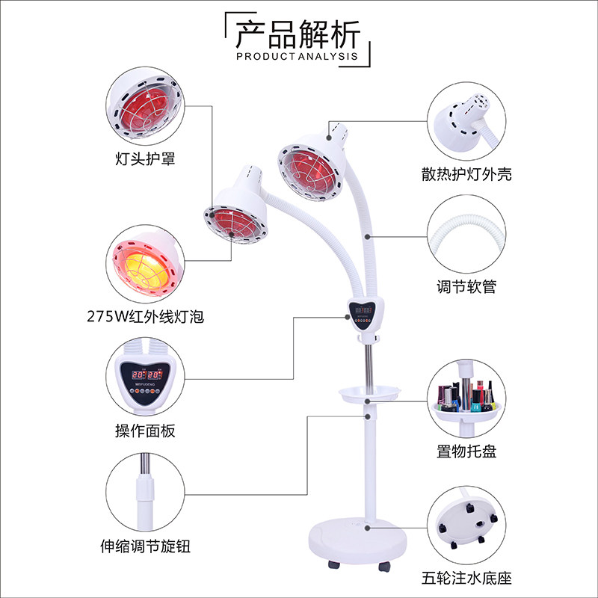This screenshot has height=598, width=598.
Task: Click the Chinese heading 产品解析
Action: point(298,34)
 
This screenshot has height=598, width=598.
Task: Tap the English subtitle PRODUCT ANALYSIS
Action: point(297,57)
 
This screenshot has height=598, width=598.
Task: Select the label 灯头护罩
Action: point(145,158)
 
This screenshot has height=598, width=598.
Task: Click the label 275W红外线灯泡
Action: point(145,316)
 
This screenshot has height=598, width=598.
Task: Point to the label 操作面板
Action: point(145,431)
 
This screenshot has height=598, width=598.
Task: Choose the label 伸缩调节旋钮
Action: point(145,546)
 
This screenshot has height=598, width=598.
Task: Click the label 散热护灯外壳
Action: point(466,174)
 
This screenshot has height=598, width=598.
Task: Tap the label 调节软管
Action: point(466,286)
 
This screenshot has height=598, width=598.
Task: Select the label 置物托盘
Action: point(466,451)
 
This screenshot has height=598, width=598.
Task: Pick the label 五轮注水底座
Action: point(466,578)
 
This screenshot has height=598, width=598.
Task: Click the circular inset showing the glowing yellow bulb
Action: point(145,264)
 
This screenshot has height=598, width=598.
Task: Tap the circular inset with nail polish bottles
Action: point(466,399)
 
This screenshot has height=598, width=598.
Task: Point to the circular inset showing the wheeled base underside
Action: point(466,525)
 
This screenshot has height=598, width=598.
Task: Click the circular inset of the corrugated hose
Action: point(466,234)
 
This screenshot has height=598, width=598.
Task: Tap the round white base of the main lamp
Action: point(358,540)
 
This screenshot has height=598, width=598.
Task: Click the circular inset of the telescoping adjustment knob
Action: point(145,492)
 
